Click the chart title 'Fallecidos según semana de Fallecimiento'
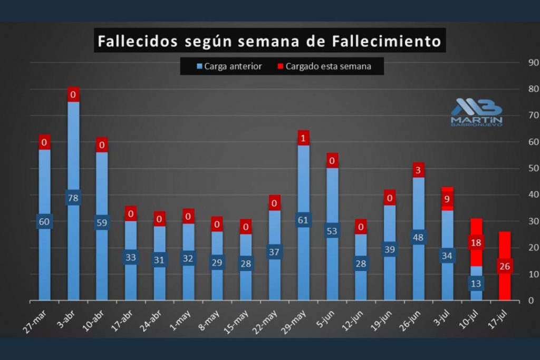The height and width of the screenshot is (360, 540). point(269,41)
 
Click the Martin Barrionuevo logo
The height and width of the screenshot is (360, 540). point(476,112)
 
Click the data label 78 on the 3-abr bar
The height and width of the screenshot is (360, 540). point(73,198)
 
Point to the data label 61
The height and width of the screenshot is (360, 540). point(303,220)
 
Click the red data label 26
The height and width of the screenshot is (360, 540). point(505,266)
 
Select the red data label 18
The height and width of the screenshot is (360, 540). point(476,243)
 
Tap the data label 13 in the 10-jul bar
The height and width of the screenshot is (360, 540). point(476,284)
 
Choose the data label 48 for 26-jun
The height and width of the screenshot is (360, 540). point(418,237)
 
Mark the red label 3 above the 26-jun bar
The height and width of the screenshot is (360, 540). point(418,170)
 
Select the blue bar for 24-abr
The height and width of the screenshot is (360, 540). point(160,279)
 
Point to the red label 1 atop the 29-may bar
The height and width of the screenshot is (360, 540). point(303,138)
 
